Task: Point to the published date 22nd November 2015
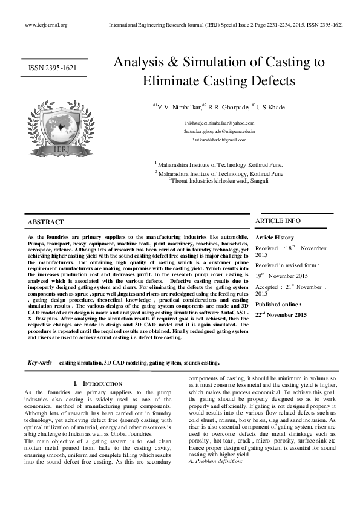(x=281, y=315)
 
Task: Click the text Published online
(x=280, y=305)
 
